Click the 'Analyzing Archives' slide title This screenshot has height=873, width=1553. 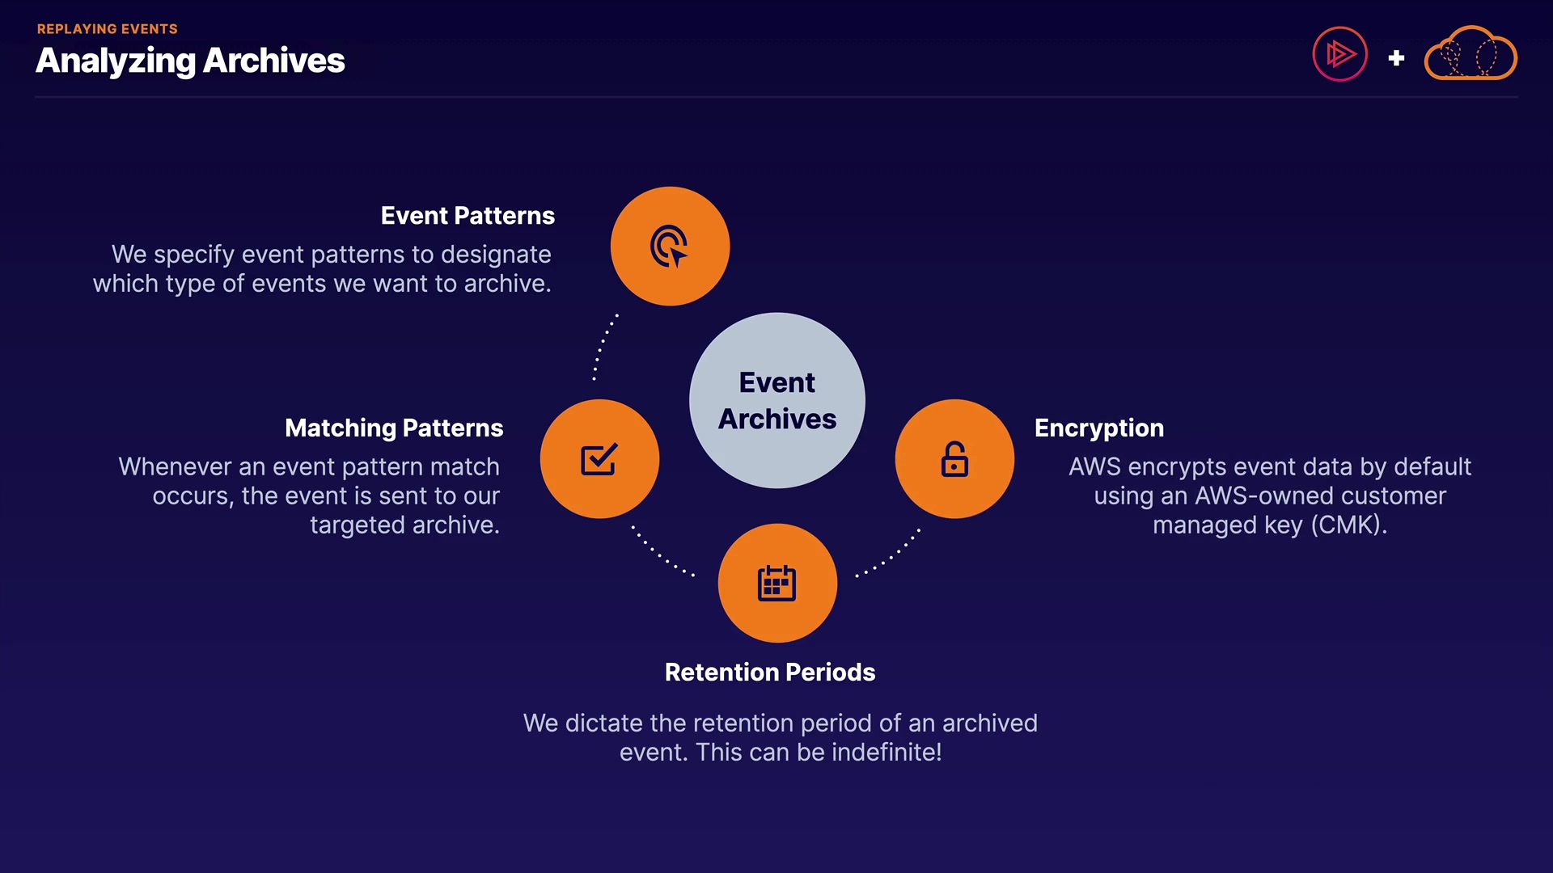(x=190, y=61)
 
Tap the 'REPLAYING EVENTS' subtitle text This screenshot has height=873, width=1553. (x=107, y=29)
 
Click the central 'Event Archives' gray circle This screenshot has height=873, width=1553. (x=776, y=400)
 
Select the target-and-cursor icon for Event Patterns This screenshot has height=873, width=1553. (x=670, y=246)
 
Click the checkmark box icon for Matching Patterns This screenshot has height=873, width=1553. (x=599, y=459)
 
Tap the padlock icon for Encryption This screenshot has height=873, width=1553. (x=954, y=459)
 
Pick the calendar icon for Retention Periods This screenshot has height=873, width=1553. (x=777, y=583)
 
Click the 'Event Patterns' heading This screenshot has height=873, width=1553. (x=468, y=216)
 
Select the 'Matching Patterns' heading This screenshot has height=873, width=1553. (x=394, y=428)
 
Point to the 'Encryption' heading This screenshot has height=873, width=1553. (x=1098, y=428)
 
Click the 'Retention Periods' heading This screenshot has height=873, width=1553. (x=769, y=672)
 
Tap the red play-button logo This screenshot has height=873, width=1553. (x=1339, y=55)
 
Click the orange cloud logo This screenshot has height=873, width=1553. (x=1470, y=55)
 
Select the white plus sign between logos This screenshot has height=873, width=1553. (x=1396, y=58)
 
